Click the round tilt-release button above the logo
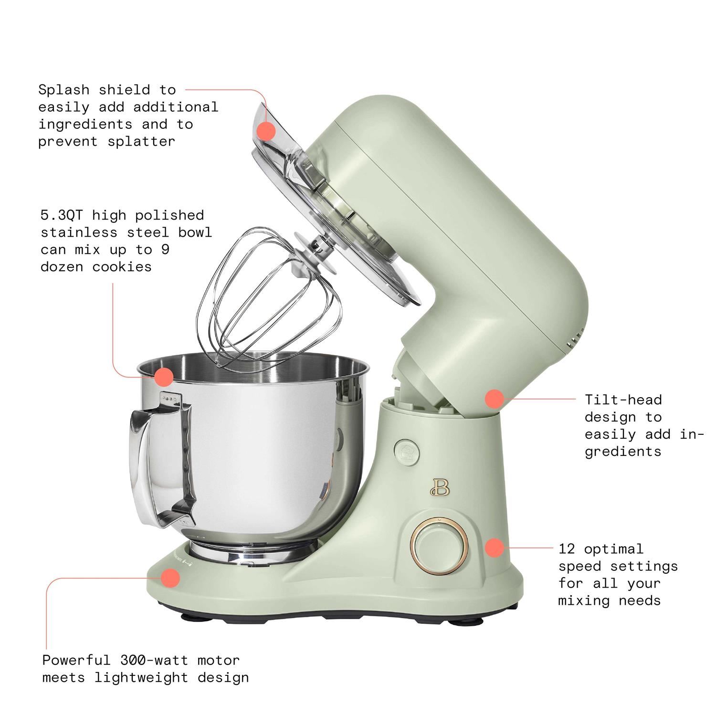coord(406,451)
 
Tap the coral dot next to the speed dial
coord(495,548)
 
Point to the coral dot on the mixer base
coord(170,578)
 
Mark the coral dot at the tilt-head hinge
coord(495,399)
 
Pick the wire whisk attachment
coord(267,305)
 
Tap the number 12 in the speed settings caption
coord(567,549)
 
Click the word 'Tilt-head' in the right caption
coord(623,400)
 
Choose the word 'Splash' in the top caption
coord(63,90)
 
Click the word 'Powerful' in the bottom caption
coord(76,660)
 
